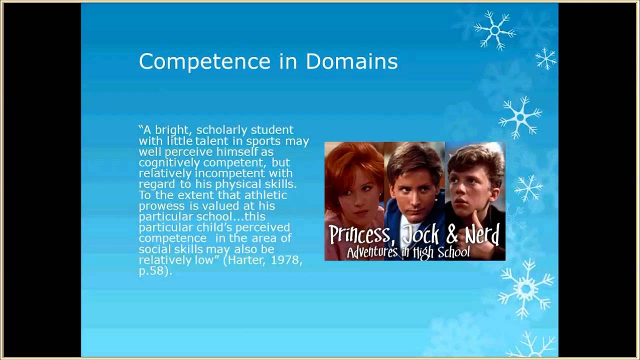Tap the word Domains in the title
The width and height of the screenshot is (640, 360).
coord(351,61)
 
